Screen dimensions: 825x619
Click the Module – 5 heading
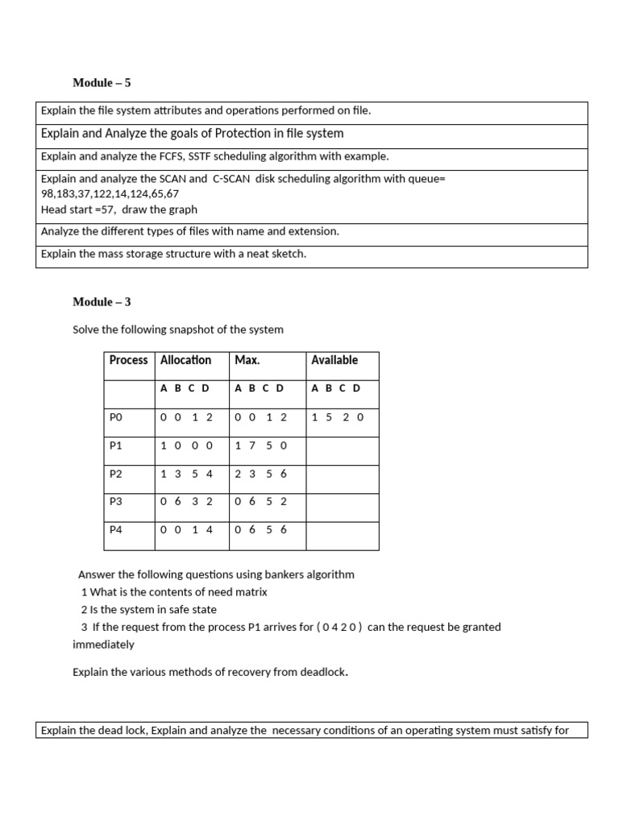(x=102, y=83)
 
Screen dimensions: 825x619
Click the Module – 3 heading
(x=102, y=302)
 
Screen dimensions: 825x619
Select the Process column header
(x=128, y=360)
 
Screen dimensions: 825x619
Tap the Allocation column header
(x=185, y=360)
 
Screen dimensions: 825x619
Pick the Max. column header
(x=247, y=360)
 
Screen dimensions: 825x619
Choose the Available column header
(x=334, y=360)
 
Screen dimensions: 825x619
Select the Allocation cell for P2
(x=186, y=474)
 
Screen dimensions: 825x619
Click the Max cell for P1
(x=260, y=446)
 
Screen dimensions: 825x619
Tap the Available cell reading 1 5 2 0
(x=338, y=417)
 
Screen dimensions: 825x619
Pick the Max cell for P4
(x=260, y=529)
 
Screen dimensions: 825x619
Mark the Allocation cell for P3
(x=186, y=501)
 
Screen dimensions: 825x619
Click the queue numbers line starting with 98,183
(x=110, y=194)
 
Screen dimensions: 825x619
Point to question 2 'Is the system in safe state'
(x=149, y=609)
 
